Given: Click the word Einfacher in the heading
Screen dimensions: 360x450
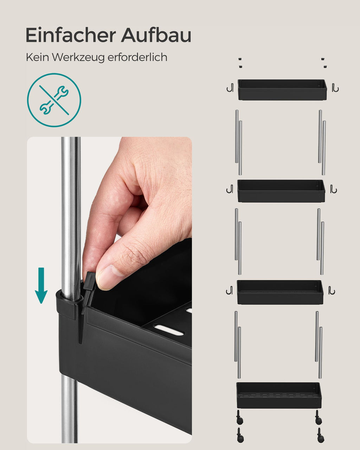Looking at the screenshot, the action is point(71,35).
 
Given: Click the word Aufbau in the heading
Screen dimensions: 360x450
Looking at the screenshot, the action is point(156,35).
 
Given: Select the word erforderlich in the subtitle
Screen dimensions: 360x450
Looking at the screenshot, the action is point(137,57).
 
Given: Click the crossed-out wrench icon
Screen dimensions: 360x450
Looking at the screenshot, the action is point(54,100).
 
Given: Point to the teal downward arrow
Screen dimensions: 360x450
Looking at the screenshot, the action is point(41,285).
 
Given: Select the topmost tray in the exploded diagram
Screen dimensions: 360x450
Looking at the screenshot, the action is point(282,90).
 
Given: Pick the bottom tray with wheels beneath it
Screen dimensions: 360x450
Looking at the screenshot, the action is point(279,396).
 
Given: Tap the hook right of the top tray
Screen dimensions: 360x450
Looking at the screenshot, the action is point(335,88).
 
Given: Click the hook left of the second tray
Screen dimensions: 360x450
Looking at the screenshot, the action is point(230,189).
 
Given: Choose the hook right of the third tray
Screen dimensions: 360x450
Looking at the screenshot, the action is point(332,290).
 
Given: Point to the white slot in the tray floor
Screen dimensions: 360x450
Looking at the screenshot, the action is point(169,330).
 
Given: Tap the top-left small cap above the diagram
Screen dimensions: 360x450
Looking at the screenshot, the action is point(240,59).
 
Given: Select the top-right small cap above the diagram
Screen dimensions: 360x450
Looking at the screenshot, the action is point(323,59).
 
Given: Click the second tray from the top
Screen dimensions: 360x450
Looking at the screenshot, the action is point(281,191).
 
